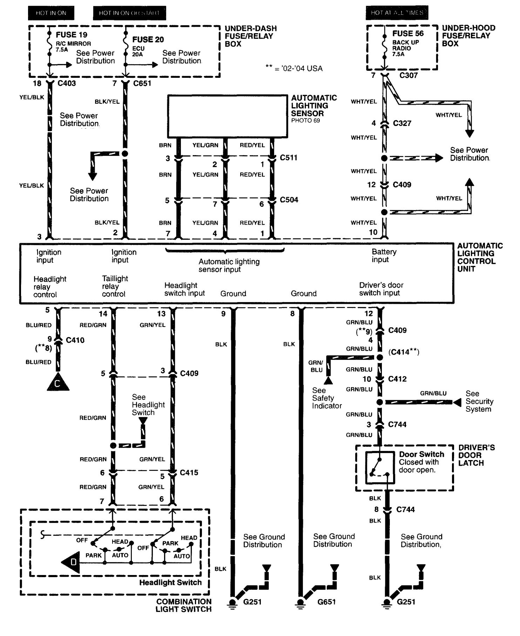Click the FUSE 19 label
pyautogui.click(x=72, y=35)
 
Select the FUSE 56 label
pyautogui.click(x=408, y=34)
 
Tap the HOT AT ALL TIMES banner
pyautogui.click(x=397, y=13)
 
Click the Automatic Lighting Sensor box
pyautogui.click(x=228, y=116)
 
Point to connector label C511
pyautogui.click(x=289, y=158)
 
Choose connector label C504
pyautogui.click(x=289, y=200)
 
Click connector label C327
pyautogui.click(x=402, y=123)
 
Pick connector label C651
pyautogui.click(x=142, y=83)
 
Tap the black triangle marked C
pyautogui.click(x=58, y=383)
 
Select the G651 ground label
pyautogui.click(x=326, y=602)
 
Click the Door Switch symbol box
pyautogui.click(x=380, y=467)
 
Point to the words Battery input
pyautogui.click(x=384, y=256)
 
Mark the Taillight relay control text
pyautogui.click(x=115, y=286)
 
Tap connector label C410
pyautogui.click(x=75, y=340)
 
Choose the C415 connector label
pyautogui.click(x=189, y=473)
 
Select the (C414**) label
pyautogui.click(x=404, y=352)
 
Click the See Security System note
pyautogui.click(x=479, y=402)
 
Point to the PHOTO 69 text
pyautogui.click(x=305, y=121)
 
